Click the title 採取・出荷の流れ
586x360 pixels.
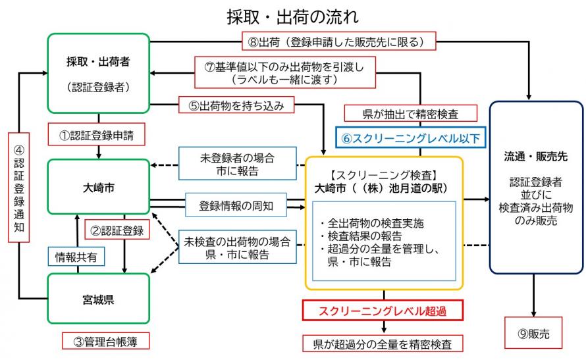(x=294, y=15)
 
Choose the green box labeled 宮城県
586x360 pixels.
(x=99, y=299)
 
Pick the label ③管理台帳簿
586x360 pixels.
(x=105, y=341)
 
